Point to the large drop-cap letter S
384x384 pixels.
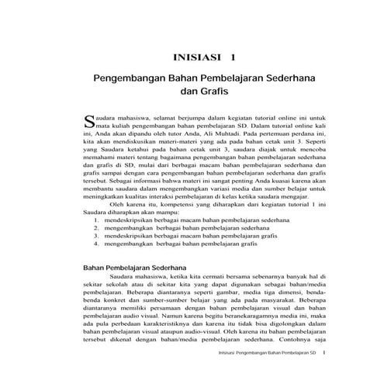(x=87, y=119)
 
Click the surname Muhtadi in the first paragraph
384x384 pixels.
(x=210, y=133)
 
